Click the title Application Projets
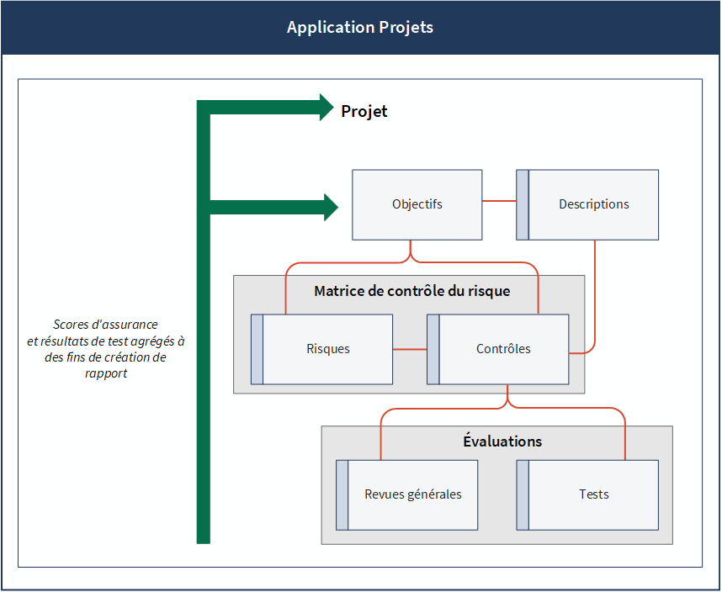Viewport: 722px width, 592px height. coord(360,27)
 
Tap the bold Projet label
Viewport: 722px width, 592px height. coord(364,111)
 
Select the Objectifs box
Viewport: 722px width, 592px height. coord(417,204)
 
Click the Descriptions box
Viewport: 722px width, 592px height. coord(587,204)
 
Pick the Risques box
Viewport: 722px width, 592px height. coord(321,349)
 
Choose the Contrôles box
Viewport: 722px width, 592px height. coord(498,349)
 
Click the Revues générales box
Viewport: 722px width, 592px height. coord(407,495)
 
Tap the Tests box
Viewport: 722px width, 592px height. coord(587,495)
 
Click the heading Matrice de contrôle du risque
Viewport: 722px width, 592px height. coord(412,291)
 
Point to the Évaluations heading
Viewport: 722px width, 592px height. coord(502,441)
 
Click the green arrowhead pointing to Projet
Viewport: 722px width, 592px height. coord(326,108)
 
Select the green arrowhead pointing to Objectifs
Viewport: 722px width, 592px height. coord(331,208)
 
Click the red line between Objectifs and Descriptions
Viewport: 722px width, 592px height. coord(499,201)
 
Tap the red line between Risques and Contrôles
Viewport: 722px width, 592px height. coord(410,350)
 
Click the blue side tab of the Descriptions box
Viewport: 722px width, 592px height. coord(523,204)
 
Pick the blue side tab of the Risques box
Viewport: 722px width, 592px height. coord(257,349)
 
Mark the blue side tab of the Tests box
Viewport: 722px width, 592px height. coord(523,495)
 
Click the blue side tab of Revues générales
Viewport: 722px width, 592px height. coord(342,495)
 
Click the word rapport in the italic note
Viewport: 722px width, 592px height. coord(106,373)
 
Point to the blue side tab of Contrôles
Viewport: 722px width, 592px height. coord(433,349)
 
